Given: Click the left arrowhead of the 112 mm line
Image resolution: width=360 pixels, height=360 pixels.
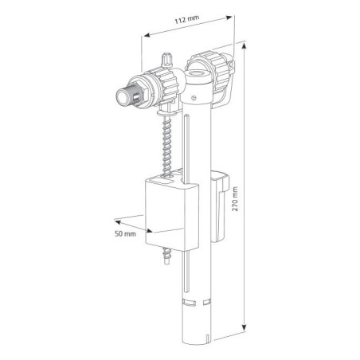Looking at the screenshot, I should click(x=145, y=36).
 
